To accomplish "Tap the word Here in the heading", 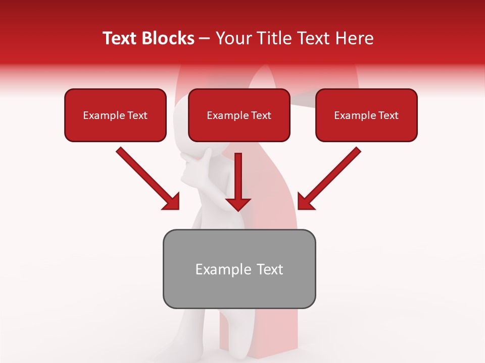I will point(354,38).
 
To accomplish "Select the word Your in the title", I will point(232,38).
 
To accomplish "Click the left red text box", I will point(115,115).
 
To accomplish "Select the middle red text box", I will point(239,115).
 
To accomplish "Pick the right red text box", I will point(366,115).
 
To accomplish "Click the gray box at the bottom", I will point(239,269).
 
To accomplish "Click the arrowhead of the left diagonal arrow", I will point(171,202).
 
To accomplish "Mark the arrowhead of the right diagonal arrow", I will point(306,202).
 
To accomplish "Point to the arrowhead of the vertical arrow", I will point(238,203).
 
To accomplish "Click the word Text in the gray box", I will point(269,269).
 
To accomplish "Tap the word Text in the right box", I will point(388,115).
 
